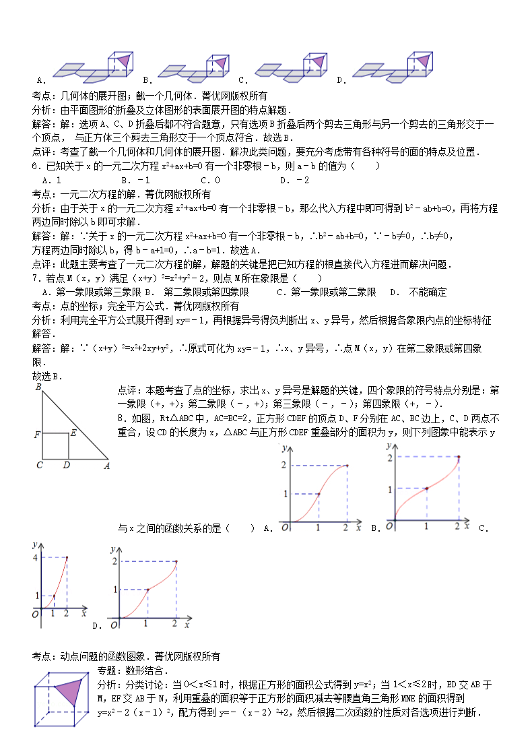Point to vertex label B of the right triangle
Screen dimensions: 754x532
point(38,387)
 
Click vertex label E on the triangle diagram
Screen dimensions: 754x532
point(73,433)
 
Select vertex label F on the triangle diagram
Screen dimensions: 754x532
point(37,435)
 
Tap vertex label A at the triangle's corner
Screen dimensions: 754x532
point(106,465)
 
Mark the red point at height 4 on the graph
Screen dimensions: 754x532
point(66,557)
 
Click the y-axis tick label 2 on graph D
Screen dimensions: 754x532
point(115,561)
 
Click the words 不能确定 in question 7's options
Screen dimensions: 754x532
point(428,292)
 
